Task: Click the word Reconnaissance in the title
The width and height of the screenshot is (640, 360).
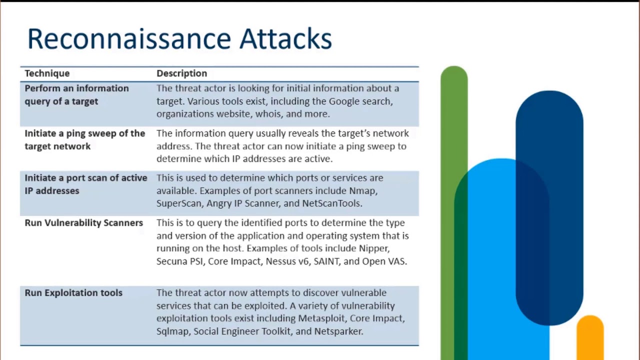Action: pos(129,39)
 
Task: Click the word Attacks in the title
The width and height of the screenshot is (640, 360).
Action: pos(285,39)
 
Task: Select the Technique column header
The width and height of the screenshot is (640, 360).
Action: pos(47,73)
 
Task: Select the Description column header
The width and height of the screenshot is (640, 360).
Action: pos(181,73)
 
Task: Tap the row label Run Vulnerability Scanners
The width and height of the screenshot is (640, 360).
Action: pos(83,223)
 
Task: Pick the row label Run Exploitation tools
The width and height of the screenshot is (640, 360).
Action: pos(73,293)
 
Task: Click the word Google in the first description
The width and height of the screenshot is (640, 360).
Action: pos(344,101)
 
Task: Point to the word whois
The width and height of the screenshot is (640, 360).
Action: pos(268,114)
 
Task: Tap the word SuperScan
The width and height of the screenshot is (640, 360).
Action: pos(178,203)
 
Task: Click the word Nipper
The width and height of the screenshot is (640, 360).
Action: pos(373,248)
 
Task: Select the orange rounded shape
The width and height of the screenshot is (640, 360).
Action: pos(590,335)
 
